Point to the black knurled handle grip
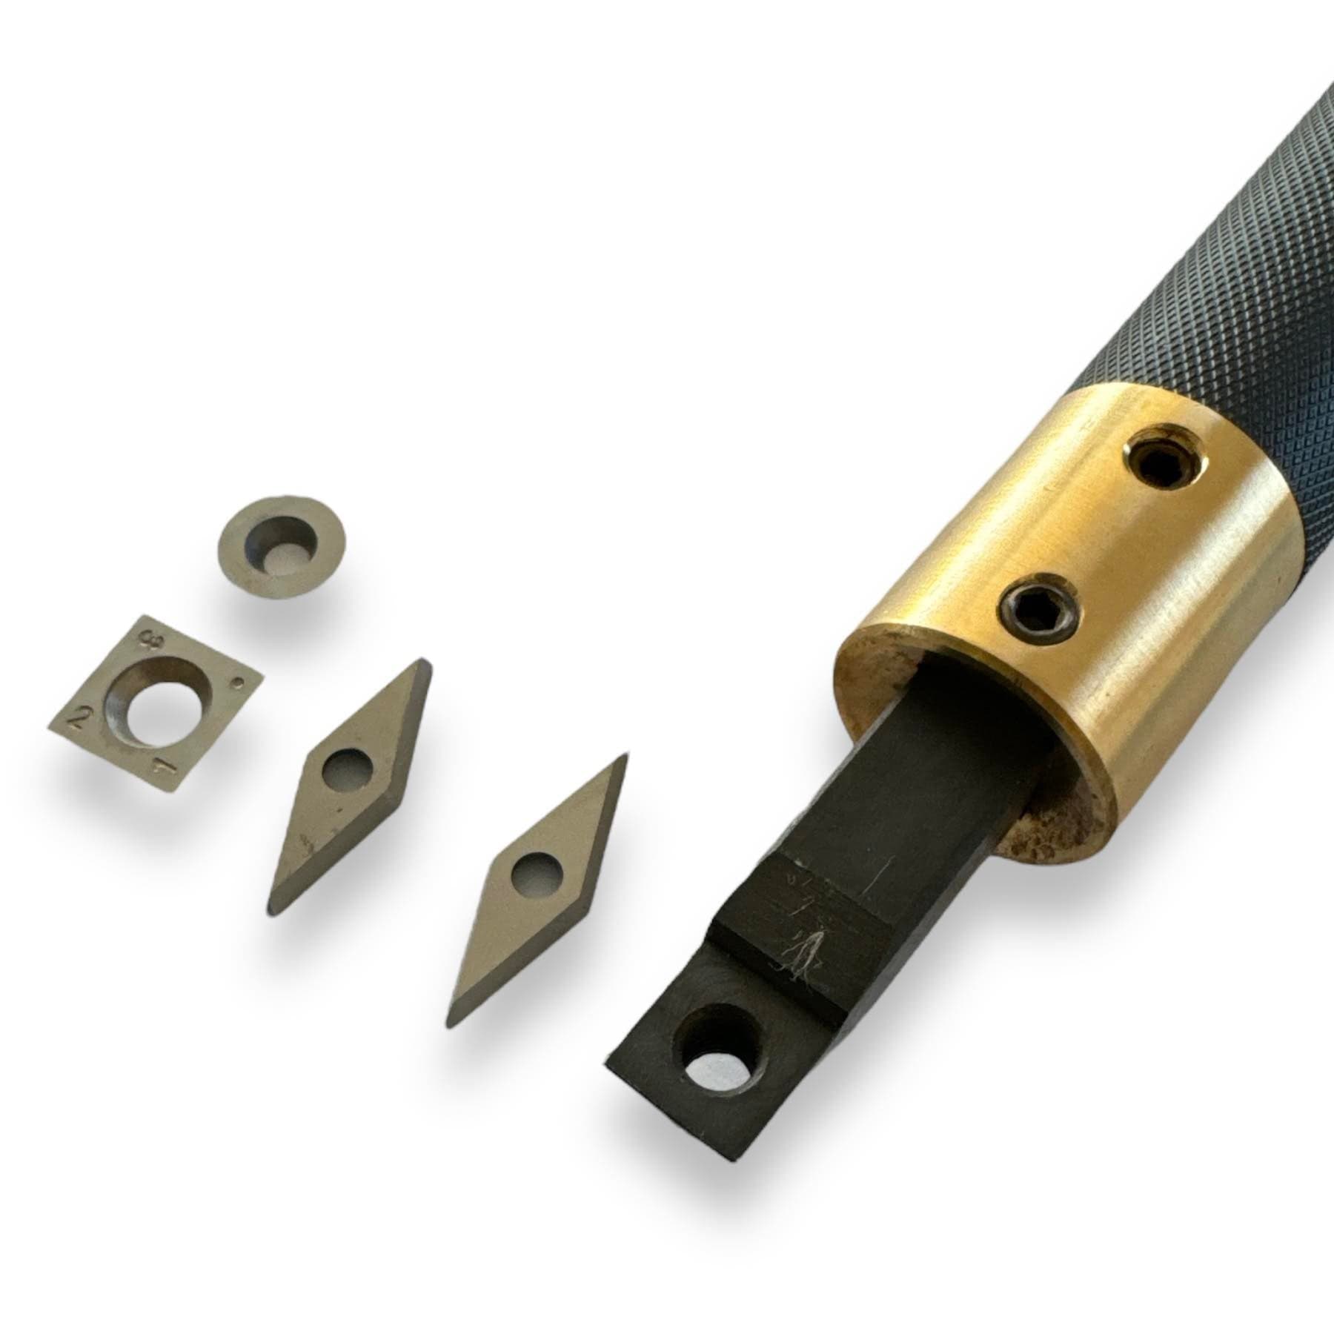[x=1215, y=282]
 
